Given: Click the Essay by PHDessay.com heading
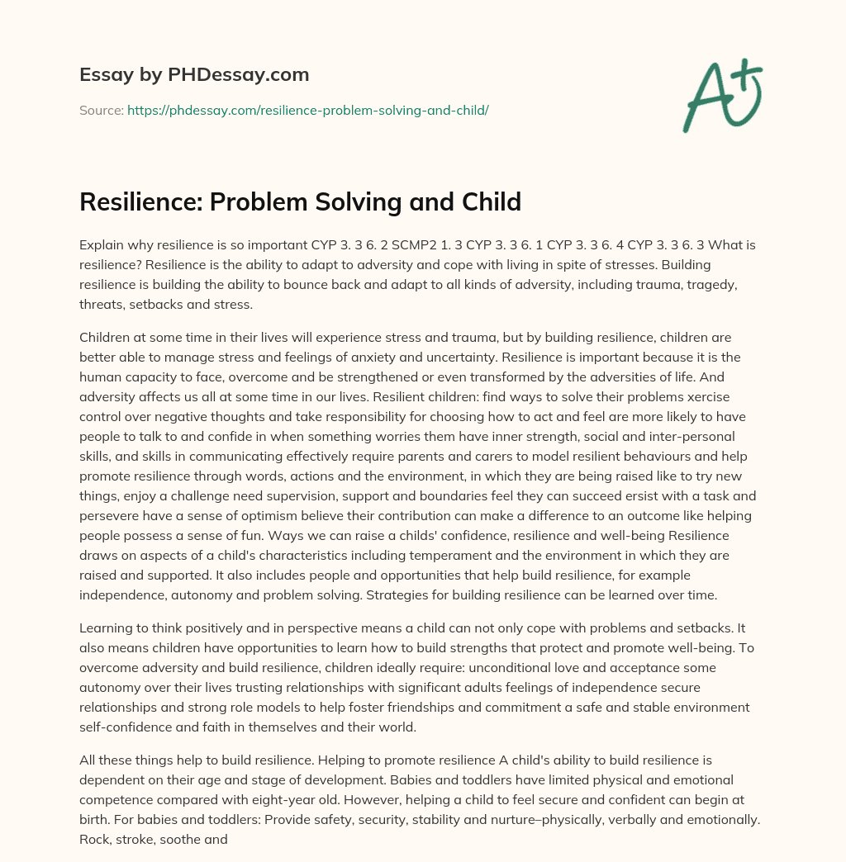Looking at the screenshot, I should [194, 75].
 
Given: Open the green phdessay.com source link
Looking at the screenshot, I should [307, 110].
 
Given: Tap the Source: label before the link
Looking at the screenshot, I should [101, 110].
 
